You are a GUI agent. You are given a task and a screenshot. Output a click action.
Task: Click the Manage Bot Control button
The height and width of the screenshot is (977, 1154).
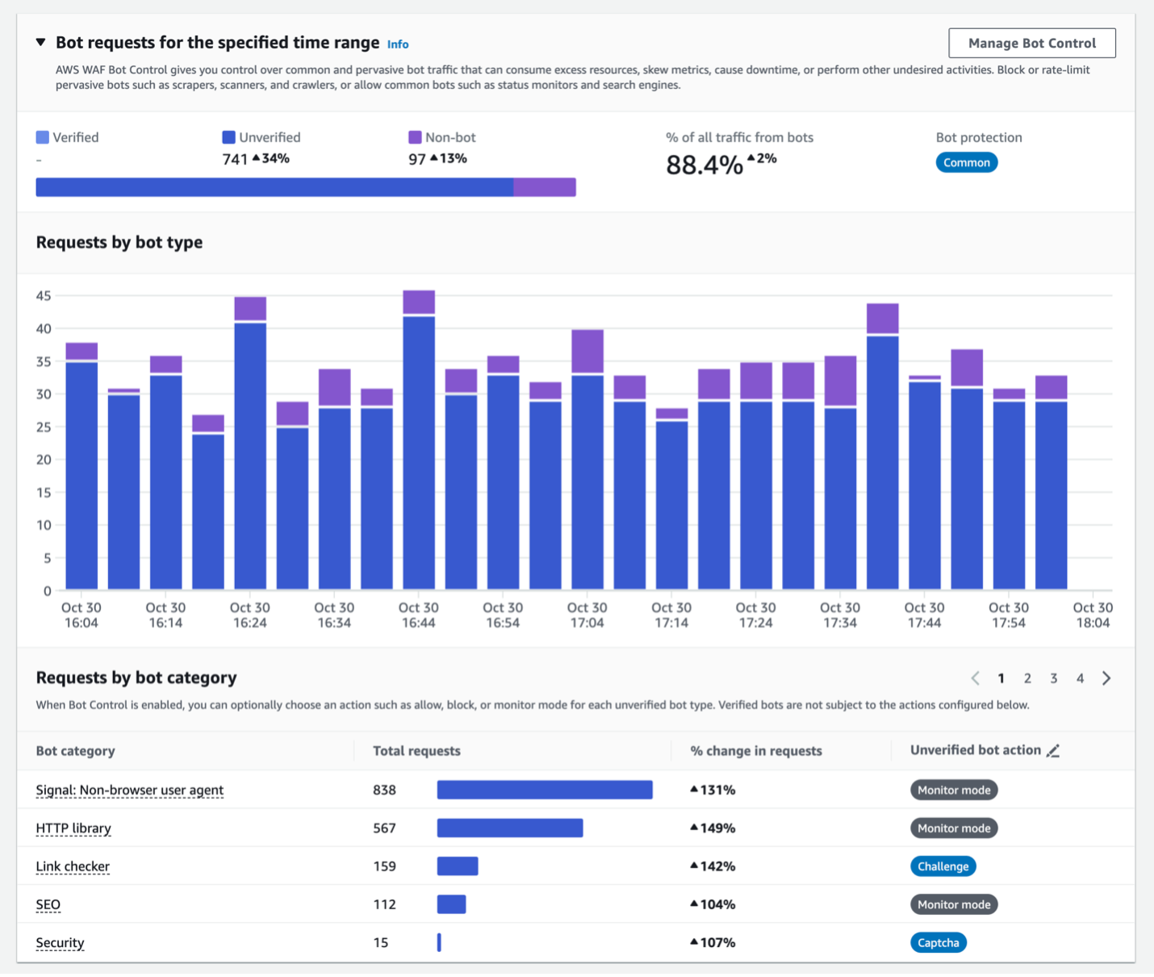click(1031, 44)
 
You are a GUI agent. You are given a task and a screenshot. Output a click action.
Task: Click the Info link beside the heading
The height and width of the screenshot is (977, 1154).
click(398, 44)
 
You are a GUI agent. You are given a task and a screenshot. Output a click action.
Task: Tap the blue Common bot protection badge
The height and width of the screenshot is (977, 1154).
click(966, 162)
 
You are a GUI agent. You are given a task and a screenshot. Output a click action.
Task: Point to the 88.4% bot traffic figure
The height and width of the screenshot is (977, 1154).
click(704, 165)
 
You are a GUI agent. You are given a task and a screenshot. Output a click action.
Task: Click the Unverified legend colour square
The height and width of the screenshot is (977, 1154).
click(228, 137)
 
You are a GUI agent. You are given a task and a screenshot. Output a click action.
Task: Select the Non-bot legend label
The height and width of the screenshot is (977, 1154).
click(450, 137)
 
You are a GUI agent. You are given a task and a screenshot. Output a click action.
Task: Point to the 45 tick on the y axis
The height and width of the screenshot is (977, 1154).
click(44, 296)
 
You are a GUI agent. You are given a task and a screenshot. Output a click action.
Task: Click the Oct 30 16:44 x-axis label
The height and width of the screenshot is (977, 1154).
click(418, 614)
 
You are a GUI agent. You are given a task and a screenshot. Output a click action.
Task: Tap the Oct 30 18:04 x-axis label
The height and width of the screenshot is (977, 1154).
click(1092, 614)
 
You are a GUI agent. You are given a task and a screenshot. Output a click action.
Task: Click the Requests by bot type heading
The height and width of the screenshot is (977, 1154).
click(119, 242)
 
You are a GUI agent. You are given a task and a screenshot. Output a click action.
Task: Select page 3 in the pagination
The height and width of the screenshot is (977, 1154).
click(1053, 678)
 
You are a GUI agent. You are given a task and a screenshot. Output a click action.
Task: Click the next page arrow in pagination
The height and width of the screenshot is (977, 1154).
click(1106, 678)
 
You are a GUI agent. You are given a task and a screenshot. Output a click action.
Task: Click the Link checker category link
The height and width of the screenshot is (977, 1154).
click(73, 866)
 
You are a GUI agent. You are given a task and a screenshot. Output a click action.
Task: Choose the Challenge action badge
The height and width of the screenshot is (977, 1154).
click(943, 866)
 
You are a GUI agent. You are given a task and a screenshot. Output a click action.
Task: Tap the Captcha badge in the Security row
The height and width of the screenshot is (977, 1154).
click(938, 942)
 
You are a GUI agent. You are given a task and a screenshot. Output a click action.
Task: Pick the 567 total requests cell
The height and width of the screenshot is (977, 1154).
click(384, 828)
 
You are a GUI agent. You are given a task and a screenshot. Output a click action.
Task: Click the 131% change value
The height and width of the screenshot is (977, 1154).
click(713, 790)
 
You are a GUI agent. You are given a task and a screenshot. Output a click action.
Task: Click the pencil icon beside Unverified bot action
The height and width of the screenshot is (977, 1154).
click(1052, 751)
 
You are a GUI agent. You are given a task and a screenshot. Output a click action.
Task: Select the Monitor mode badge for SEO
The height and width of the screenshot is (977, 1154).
click(953, 904)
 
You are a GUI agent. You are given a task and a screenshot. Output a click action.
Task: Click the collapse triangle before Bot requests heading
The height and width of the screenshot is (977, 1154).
click(40, 43)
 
